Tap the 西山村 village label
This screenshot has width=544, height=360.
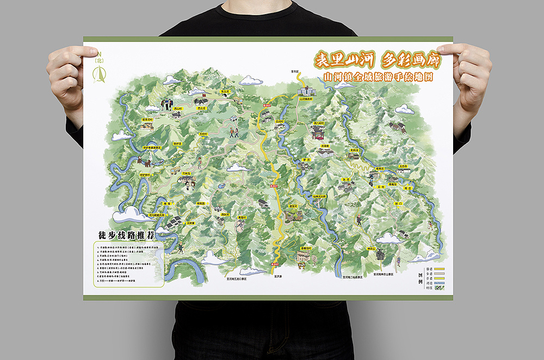pos(177,109)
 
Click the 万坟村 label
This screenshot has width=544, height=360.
pos(203,133)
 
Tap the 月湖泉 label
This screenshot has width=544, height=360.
pos(326,146)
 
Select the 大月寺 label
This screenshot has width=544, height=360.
pos(403,166)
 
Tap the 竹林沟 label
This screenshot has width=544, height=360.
pos(188,174)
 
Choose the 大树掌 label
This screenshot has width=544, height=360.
pos(190,223)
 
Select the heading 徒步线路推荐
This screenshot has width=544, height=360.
pos(125,235)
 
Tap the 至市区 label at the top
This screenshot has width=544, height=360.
pos(295,71)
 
